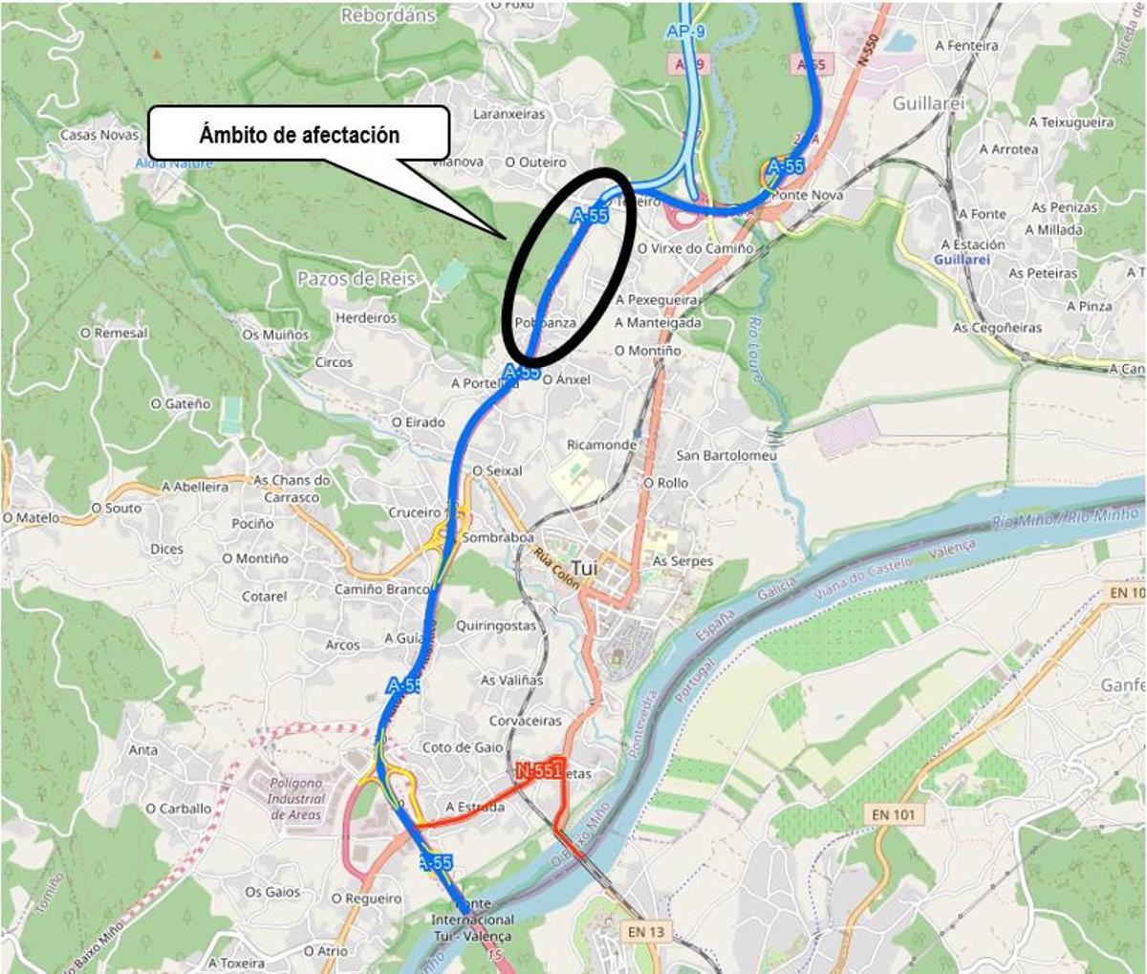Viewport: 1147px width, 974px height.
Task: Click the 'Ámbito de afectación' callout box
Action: pyautogui.click(x=299, y=134)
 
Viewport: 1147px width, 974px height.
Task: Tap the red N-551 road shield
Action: pyautogui.click(x=538, y=770)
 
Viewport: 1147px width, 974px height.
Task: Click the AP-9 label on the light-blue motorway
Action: pyautogui.click(x=685, y=32)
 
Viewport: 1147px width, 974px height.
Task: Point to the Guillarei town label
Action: pyautogui.click(x=928, y=102)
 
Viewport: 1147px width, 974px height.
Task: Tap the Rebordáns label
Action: pyautogui.click(x=388, y=15)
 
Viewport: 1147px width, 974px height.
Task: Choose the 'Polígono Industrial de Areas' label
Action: pyautogui.click(x=295, y=798)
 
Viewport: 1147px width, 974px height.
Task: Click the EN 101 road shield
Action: pyautogui.click(x=893, y=814)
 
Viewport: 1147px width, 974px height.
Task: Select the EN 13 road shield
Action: pyautogui.click(x=645, y=931)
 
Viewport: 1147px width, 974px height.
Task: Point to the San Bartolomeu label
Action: pyautogui.click(x=726, y=455)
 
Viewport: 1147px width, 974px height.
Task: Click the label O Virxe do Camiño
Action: pyautogui.click(x=695, y=249)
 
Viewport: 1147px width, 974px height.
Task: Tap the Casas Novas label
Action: pyautogui.click(x=99, y=135)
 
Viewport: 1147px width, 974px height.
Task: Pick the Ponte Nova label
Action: pyautogui.click(x=808, y=195)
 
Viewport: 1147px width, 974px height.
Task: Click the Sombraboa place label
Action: pyautogui.click(x=497, y=537)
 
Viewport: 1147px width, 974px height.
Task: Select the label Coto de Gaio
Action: pyautogui.click(x=463, y=747)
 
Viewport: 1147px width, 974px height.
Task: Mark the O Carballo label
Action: pyautogui.click(x=178, y=808)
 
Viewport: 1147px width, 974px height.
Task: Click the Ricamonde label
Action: pyautogui.click(x=601, y=444)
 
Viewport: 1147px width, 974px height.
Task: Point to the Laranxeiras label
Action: pyautogui.click(x=509, y=114)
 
